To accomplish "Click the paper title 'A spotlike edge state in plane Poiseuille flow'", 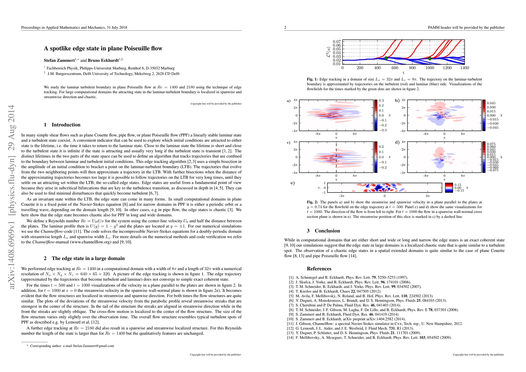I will [x=103, y=48].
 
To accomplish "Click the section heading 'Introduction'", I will [x=66, y=125].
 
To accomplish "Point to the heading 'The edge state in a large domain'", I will [x=88, y=259].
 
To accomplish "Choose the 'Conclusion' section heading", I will [x=327, y=231].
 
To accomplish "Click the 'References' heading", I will [x=319, y=269].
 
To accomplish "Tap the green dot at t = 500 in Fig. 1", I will [x=386, y=58].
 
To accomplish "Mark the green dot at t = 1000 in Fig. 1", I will [x=430, y=58].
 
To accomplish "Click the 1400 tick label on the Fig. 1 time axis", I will [x=464, y=68].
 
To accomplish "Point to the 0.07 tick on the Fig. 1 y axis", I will [x=337, y=42].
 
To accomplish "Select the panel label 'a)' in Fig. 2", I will [x=288, y=101].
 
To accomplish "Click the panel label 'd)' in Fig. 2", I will [x=397, y=143].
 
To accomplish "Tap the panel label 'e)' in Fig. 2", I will [x=292, y=183].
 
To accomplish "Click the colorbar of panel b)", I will [x=484, y=115].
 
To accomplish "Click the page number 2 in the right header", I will [x=285, y=28].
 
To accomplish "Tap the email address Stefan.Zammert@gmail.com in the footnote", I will [x=93, y=346].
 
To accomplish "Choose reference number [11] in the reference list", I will [x=291, y=324].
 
